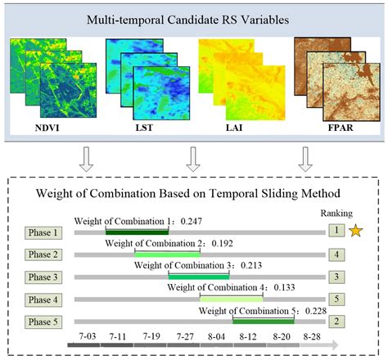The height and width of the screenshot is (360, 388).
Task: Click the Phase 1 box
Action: coord(43,232)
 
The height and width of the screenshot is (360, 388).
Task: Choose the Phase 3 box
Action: coord(43,277)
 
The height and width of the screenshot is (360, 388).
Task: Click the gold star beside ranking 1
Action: coord(356,232)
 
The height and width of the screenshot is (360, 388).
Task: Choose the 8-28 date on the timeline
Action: coord(313,336)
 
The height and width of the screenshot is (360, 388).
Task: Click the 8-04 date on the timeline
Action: coord(214,336)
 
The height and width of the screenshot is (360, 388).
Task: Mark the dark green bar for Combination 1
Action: coord(136,232)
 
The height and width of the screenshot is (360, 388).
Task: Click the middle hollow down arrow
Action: coord(193,161)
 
